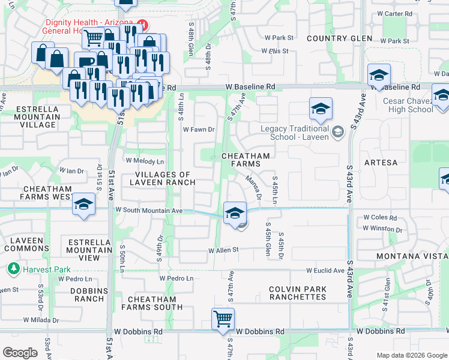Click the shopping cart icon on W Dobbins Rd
223,319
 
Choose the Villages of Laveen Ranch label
160,179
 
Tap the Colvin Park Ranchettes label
298,293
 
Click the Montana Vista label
412,257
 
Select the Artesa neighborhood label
381,163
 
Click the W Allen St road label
223,250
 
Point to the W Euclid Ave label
325,271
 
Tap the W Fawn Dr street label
199,130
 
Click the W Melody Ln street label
145,161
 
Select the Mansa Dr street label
253,187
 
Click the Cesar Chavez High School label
408,105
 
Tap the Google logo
20,353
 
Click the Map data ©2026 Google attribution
411,355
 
